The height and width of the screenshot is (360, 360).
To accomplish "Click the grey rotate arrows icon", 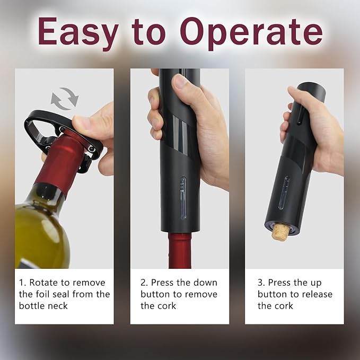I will pyautogui.click(x=64, y=98).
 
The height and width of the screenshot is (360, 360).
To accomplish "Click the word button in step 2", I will pyautogui.click(x=158, y=294).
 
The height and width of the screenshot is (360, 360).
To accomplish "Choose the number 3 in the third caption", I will pyautogui.click(x=261, y=283).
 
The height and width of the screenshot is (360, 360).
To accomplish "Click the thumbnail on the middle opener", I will pyautogui.click(x=180, y=82).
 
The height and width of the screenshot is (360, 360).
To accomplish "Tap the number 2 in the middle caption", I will pyautogui.click(x=144, y=283).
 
